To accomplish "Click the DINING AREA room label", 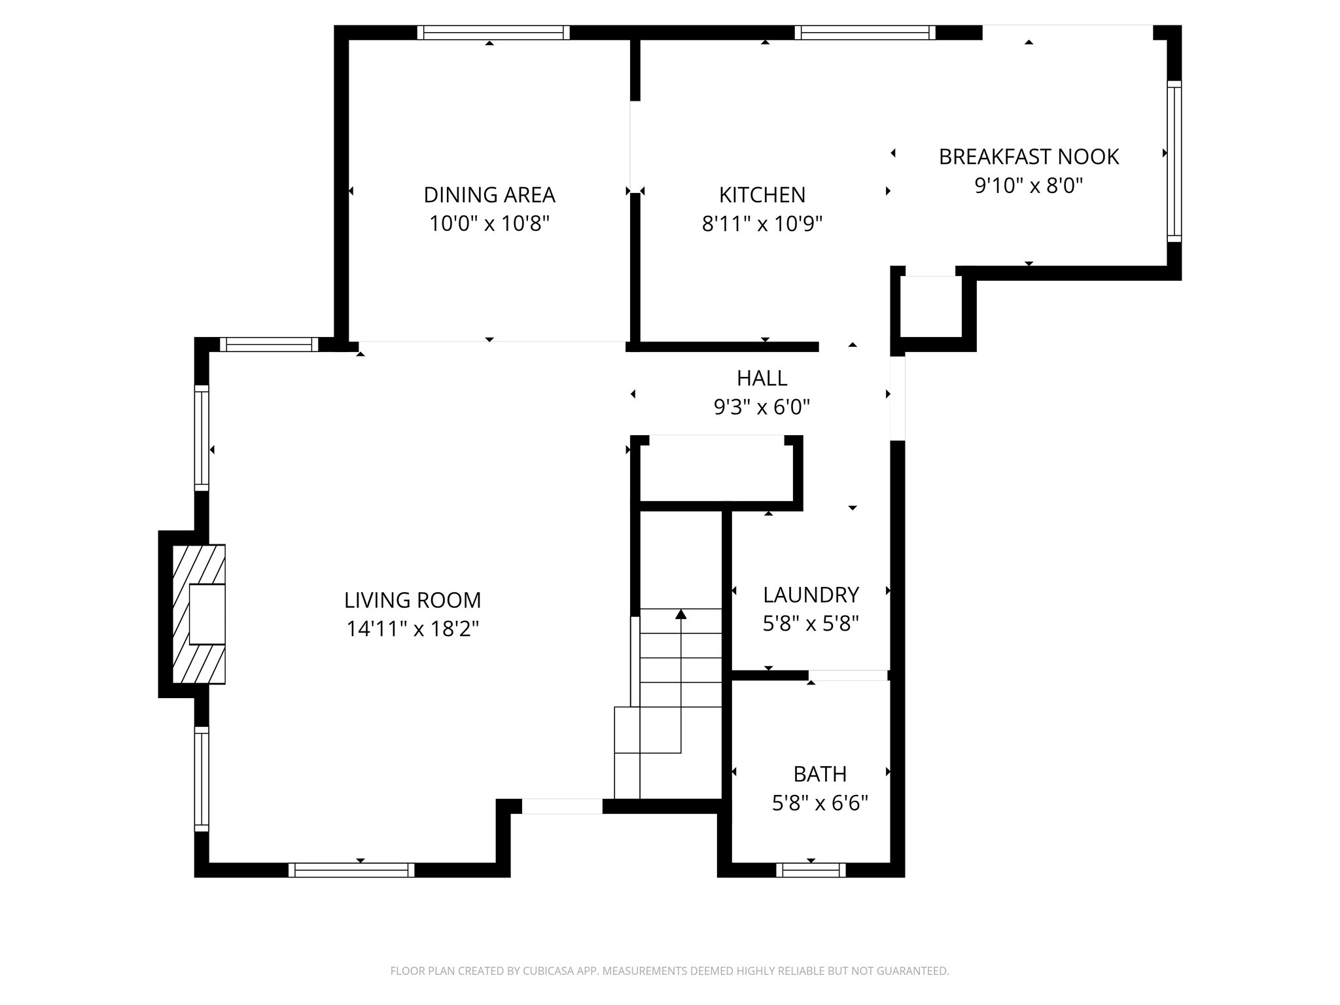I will pyautogui.click(x=489, y=195).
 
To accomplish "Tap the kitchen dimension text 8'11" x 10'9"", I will pyautogui.click(x=762, y=224).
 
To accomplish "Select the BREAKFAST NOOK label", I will pyautogui.click(x=1029, y=157).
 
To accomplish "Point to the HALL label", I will pyautogui.click(x=762, y=378).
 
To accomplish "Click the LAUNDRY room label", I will pyautogui.click(x=810, y=595).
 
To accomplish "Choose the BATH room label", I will pyautogui.click(x=820, y=774).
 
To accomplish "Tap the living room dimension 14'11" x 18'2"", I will pyautogui.click(x=412, y=629).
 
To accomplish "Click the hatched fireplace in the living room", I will pyautogui.click(x=198, y=614).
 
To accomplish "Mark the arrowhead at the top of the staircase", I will pyautogui.click(x=680, y=614).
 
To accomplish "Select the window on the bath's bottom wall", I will pyautogui.click(x=811, y=870).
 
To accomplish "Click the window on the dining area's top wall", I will pyautogui.click(x=493, y=33).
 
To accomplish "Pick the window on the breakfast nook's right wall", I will pyautogui.click(x=1174, y=162).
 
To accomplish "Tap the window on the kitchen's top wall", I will pyautogui.click(x=865, y=33).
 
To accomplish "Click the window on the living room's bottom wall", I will pyautogui.click(x=351, y=870).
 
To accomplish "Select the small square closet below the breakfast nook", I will pyautogui.click(x=930, y=306).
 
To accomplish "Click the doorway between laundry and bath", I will pyautogui.click(x=848, y=675).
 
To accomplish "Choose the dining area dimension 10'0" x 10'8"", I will pyautogui.click(x=489, y=224).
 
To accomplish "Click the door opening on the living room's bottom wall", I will pyautogui.click(x=561, y=806).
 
